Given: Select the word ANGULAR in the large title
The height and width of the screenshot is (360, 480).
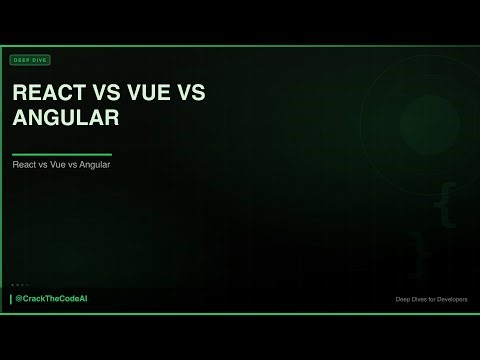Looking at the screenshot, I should pos(66,118).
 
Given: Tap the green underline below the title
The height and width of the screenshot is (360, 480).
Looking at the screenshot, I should pos(61,154).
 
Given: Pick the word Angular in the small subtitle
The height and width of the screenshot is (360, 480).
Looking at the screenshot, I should pos(94,165).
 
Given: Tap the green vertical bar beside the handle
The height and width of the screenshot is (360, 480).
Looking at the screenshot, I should pos(11,299).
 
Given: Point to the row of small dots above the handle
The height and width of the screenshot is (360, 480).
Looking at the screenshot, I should pos(20,285).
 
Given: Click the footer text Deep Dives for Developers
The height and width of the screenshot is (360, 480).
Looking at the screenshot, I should pos(431,300).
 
